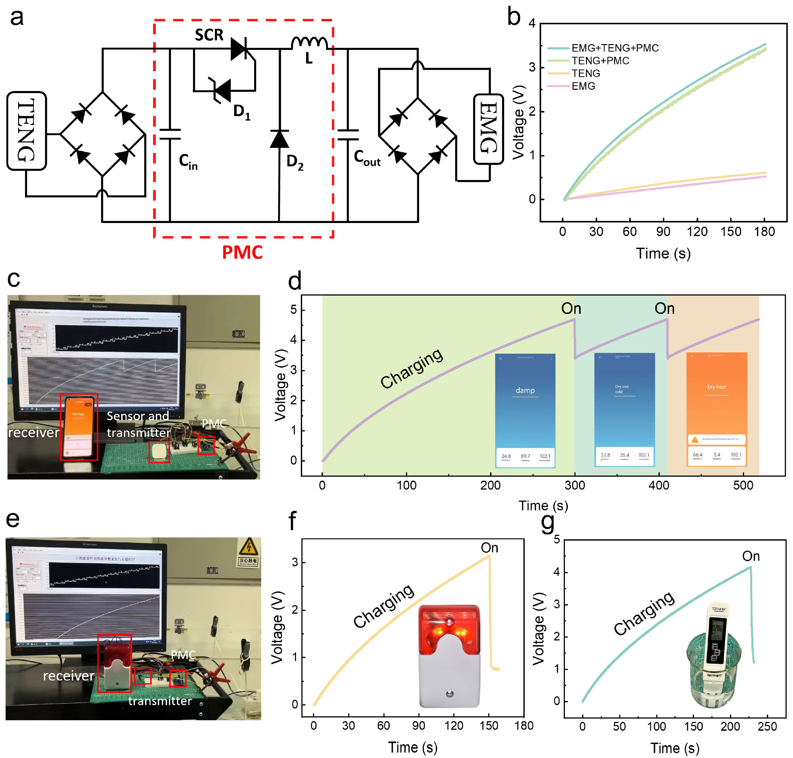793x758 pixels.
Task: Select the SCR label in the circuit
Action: (x=209, y=35)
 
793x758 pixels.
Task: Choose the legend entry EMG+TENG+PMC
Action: (x=614, y=48)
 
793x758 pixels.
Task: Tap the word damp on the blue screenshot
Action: (x=525, y=390)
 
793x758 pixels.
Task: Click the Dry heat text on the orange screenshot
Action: (x=716, y=387)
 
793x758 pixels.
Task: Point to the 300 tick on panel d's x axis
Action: (x=574, y=485)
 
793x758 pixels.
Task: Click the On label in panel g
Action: (x=751, y=556)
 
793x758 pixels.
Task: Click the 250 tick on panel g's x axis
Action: (x=767, y=726)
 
